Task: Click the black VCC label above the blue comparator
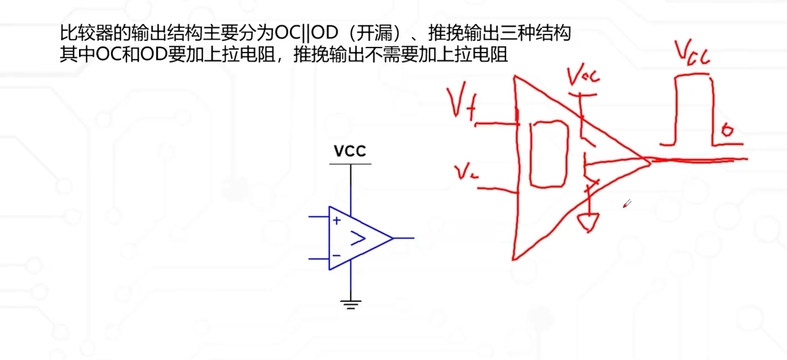pyautogui.click(x=350, y=151)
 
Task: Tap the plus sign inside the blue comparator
pyautogui.click(x=336, y=220)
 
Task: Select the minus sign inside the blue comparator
pyautogui.click(x=336, y=255)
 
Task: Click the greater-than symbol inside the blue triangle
pyautogui.click(x=358, y=238)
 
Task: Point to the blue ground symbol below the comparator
pyautogui.click(x=351, y=303)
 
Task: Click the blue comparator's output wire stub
pyautogui.click(x=404, y=238)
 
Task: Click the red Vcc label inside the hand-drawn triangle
pyautogui.click(x=583, y=77)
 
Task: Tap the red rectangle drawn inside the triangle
pyautogui.click(x=549, y=153)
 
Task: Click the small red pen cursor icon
pyautogui.click(x=626, y=204)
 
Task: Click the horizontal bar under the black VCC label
pyautogui.click(x=350, y=164)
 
